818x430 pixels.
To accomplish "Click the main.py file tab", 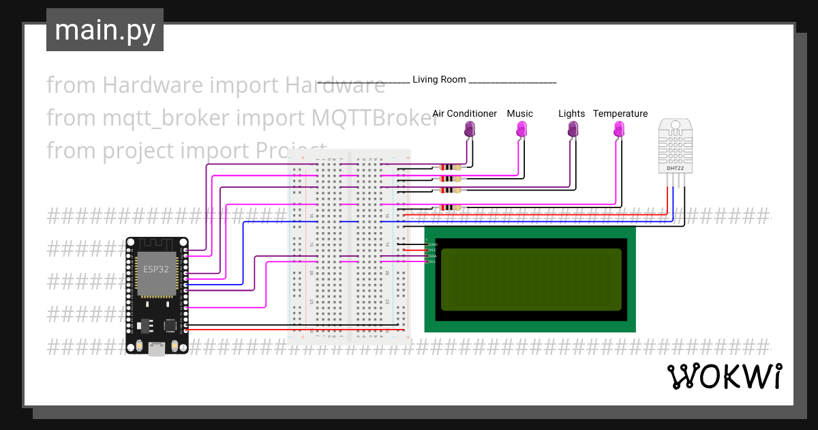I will point(104,30).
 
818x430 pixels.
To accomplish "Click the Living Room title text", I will point(439,79).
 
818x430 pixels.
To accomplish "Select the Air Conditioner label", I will point(464,113).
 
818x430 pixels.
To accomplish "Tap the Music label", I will point(519,113).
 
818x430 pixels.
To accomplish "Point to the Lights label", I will point(571,113).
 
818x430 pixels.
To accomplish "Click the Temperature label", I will point(620,113).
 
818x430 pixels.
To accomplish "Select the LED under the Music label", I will point(521,128).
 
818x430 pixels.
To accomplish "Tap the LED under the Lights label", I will point(573,128).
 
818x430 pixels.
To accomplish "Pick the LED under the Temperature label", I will point(619,128).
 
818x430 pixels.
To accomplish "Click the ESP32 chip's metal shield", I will point(157,274).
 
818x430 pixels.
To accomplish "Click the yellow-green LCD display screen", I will point(531,279).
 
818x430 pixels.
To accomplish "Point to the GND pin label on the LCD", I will point(433,244).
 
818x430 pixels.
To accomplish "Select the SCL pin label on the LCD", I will point(432,261).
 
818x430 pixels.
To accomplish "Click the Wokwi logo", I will point(724,376).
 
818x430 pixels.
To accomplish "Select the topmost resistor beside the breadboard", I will point(451,167).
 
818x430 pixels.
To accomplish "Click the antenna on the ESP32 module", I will point(157,244).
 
